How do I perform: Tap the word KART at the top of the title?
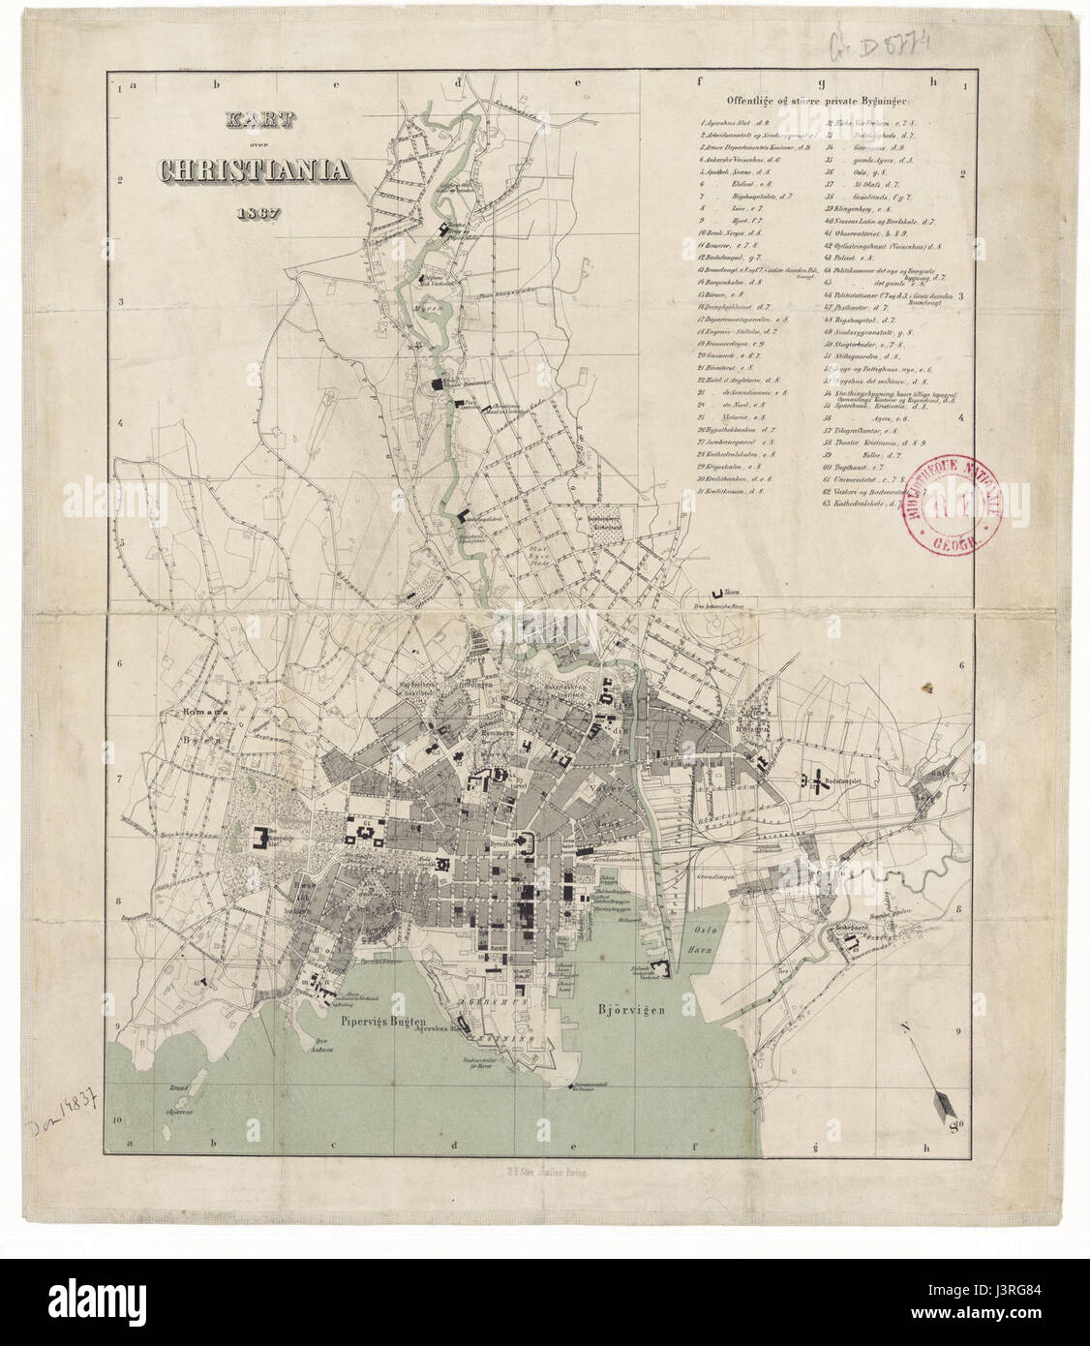click(x=251, y=121)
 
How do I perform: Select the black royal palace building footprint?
click(x=262, y=838)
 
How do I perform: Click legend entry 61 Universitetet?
click(x=871, y=476)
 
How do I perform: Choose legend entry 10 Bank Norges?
click(x=736, y=233)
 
